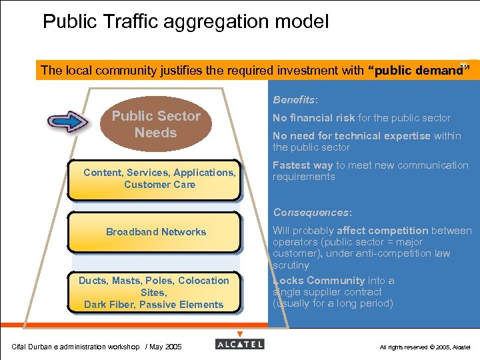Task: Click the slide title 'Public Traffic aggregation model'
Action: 185,22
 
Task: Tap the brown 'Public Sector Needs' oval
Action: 156,124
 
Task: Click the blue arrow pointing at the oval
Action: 68,122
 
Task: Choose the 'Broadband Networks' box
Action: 155,232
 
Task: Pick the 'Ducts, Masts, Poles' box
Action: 154,293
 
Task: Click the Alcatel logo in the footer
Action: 240,344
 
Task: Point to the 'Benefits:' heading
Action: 295,100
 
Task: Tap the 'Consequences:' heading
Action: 311,213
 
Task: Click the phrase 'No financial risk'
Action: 313,118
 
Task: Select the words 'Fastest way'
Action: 302,165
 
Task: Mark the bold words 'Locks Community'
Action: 319,281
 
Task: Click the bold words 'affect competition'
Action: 384,231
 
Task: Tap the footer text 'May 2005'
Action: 167,347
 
